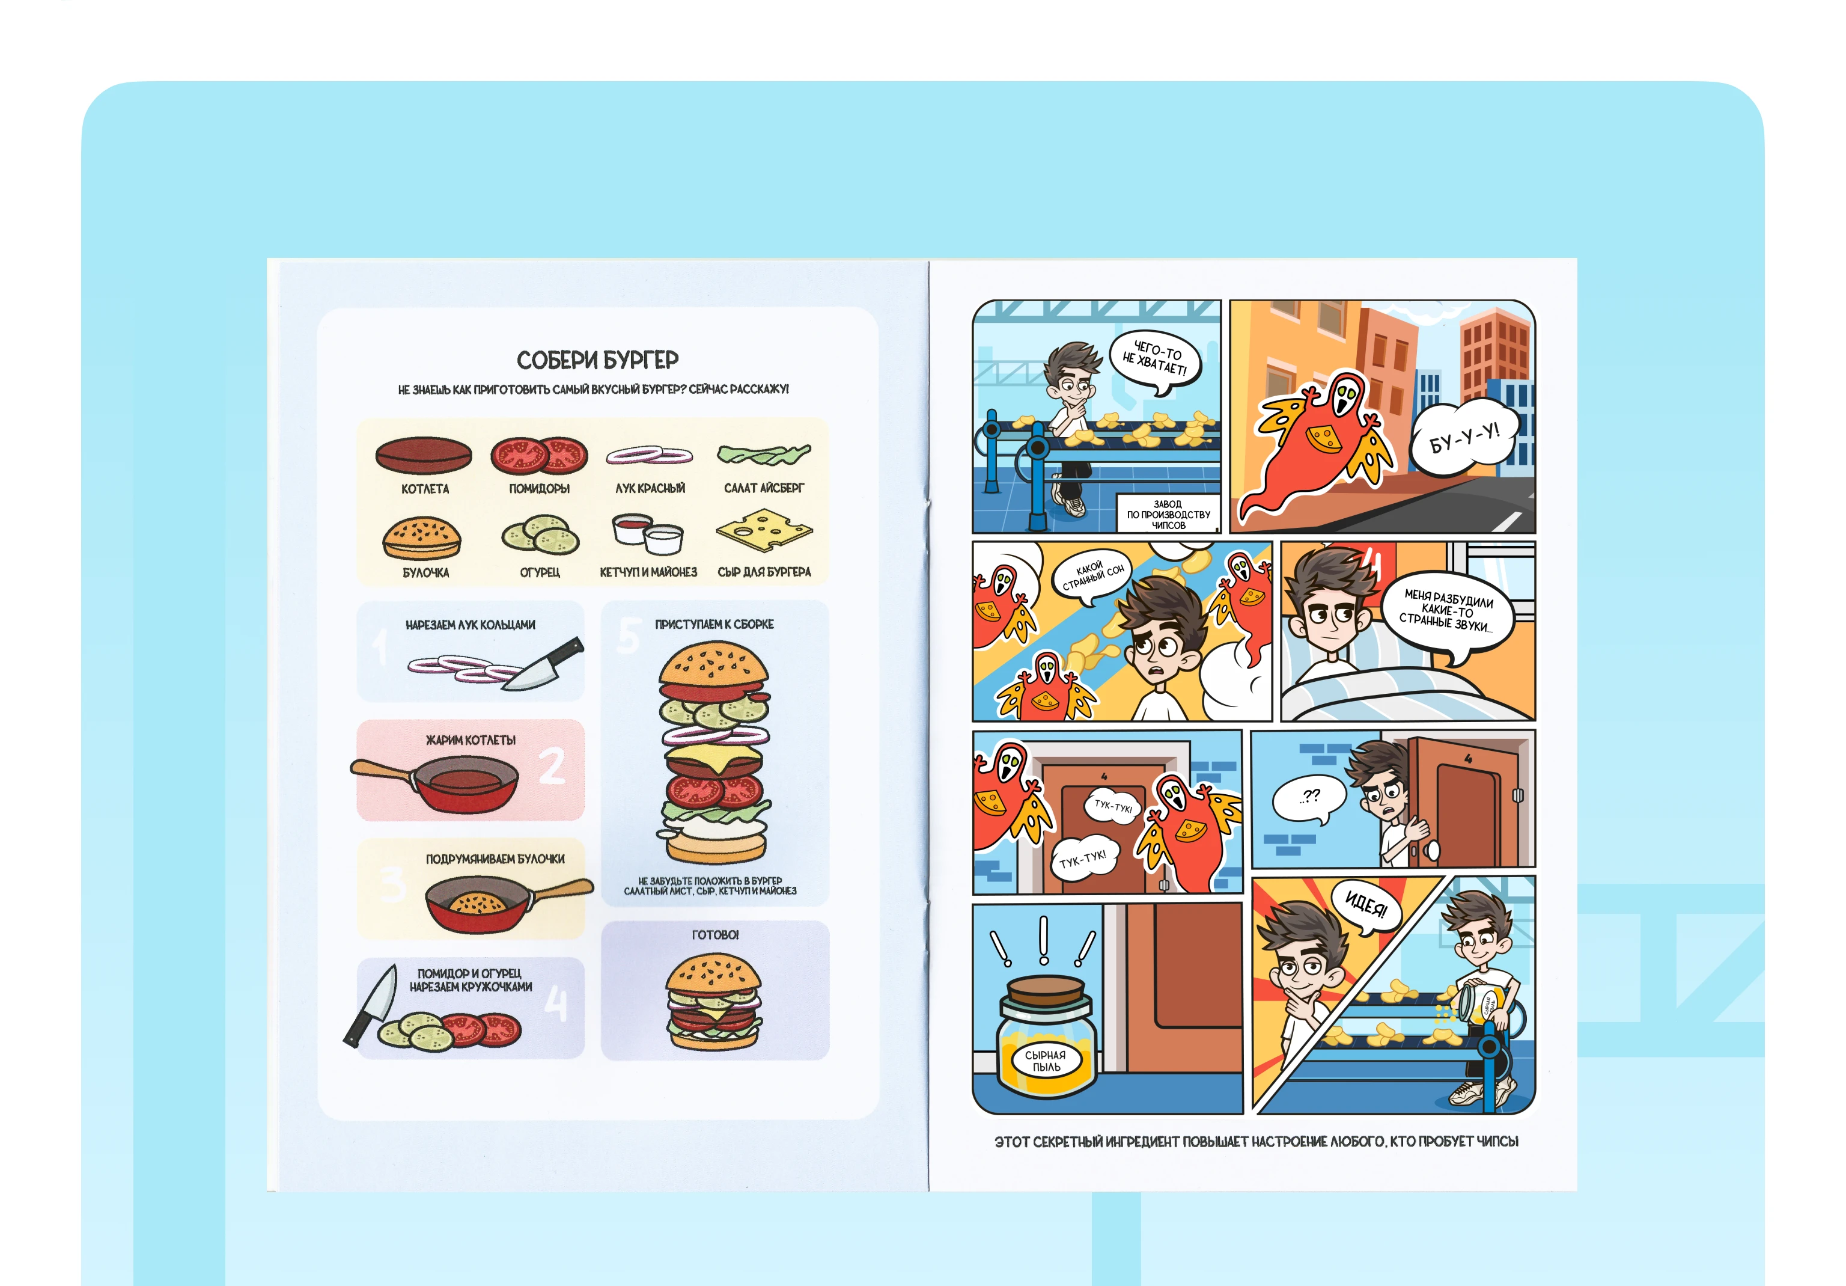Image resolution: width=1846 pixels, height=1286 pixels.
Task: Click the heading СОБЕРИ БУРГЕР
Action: [597, 360]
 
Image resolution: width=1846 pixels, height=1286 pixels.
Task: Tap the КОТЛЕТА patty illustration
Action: [424, 456]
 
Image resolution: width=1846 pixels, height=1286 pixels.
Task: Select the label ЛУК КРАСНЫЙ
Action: [650, 488]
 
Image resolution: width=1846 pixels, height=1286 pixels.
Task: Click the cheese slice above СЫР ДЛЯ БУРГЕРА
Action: [764, 530]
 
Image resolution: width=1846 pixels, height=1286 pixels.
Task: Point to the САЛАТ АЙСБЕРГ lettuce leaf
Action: [764, 455]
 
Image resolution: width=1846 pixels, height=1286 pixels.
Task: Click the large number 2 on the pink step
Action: [552, 766]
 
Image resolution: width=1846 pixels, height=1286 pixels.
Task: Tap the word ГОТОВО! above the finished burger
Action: [714, 934]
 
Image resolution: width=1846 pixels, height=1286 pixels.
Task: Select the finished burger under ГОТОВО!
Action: [714, 1001]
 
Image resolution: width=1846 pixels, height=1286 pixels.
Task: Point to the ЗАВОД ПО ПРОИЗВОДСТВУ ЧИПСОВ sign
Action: [1168, 514]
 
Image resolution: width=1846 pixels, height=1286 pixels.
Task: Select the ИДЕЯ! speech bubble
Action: [1365, 907]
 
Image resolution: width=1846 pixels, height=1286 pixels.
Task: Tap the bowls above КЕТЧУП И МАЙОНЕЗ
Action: [647, 534]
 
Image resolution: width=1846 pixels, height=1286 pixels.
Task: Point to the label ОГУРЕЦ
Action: [540, 572]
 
